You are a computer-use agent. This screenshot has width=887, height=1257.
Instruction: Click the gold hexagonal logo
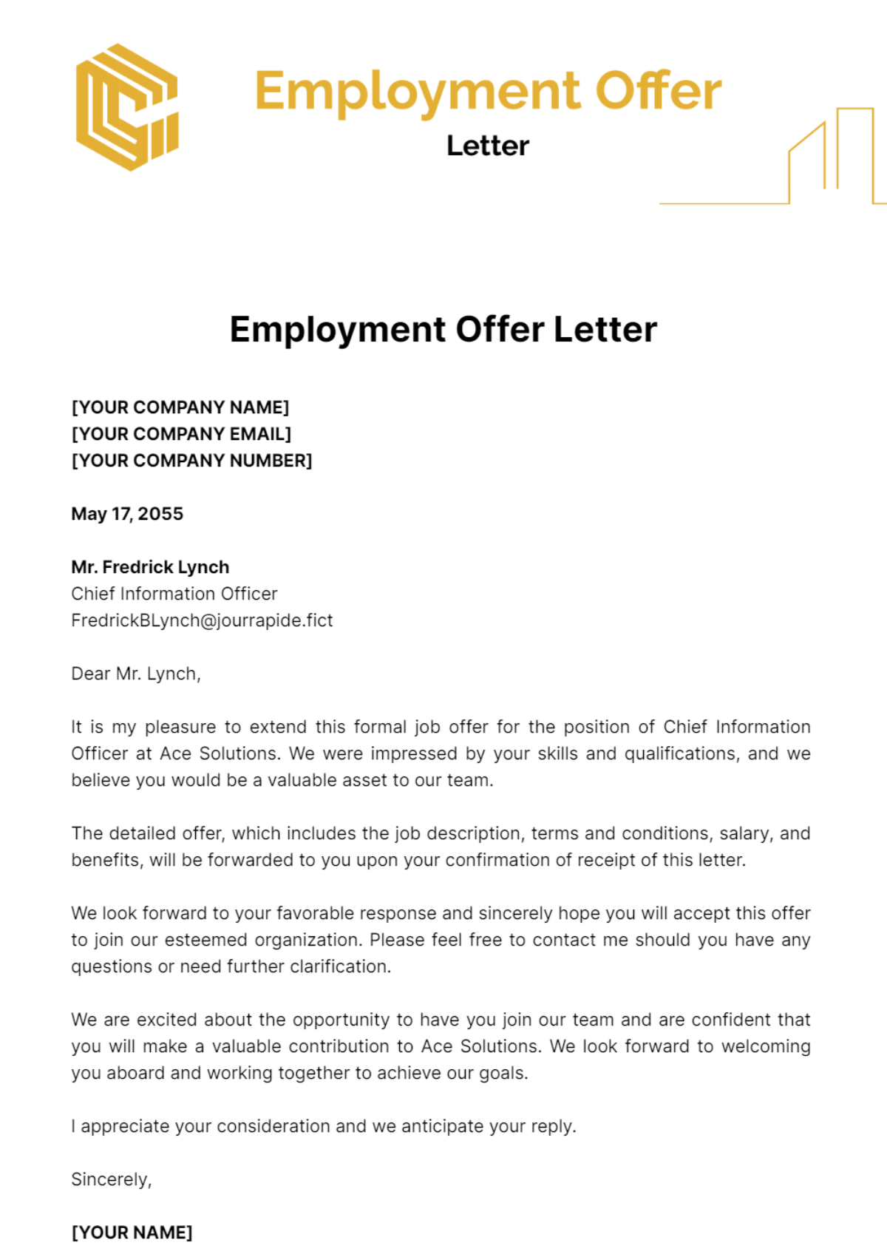(127, 107)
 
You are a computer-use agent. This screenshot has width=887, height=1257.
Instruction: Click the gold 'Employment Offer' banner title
(487, 92)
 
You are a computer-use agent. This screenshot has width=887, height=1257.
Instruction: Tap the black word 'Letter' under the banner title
(487, 146)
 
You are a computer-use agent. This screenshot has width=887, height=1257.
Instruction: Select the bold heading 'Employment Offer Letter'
(443, 330)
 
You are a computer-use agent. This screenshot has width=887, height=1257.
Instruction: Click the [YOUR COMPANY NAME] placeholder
(180, 407)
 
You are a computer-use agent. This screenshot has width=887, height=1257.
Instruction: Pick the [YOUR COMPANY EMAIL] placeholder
(181, 434)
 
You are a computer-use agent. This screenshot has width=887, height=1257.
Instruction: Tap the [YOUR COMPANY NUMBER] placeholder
(191, 461)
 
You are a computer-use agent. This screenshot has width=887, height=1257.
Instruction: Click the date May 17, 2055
(127, 514)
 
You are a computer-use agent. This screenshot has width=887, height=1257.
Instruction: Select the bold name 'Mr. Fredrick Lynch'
(150, 567)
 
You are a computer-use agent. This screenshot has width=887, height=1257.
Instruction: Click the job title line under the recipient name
(174, 594)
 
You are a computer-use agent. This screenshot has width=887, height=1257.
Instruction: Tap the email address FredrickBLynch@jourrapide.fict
(202, 620)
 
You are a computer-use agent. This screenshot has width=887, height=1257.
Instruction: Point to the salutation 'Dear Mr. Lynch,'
(136, 674)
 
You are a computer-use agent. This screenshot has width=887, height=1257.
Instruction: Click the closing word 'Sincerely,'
(112, 1179)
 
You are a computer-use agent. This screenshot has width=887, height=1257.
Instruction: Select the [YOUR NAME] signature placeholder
(132, 1233)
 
